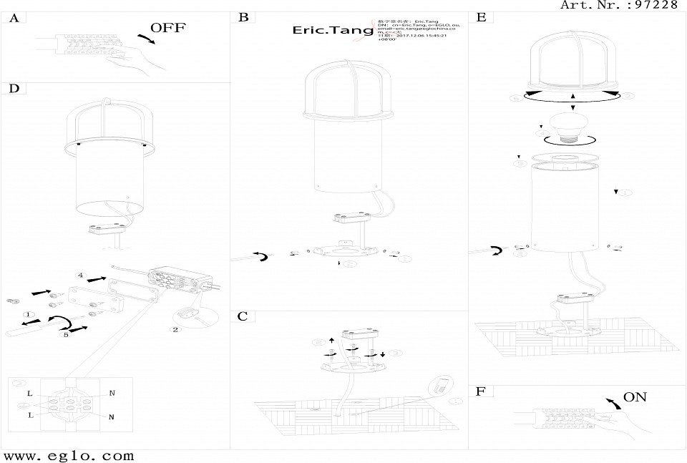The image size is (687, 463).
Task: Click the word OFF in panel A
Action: (168, 29)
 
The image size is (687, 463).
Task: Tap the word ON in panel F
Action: (635, 397)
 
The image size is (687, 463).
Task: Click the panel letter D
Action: (14, 89)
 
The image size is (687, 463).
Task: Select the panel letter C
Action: (243, 316)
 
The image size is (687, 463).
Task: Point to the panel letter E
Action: (481, 16)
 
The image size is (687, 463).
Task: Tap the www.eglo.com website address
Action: (69, 455)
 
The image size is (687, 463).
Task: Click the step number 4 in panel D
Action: (81, 275)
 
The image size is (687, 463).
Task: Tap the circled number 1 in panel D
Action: (28, 314)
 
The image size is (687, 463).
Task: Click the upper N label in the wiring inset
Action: (112, 393)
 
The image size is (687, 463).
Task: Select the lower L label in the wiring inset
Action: (30, 415)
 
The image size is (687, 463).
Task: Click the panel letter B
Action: (243, 16)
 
